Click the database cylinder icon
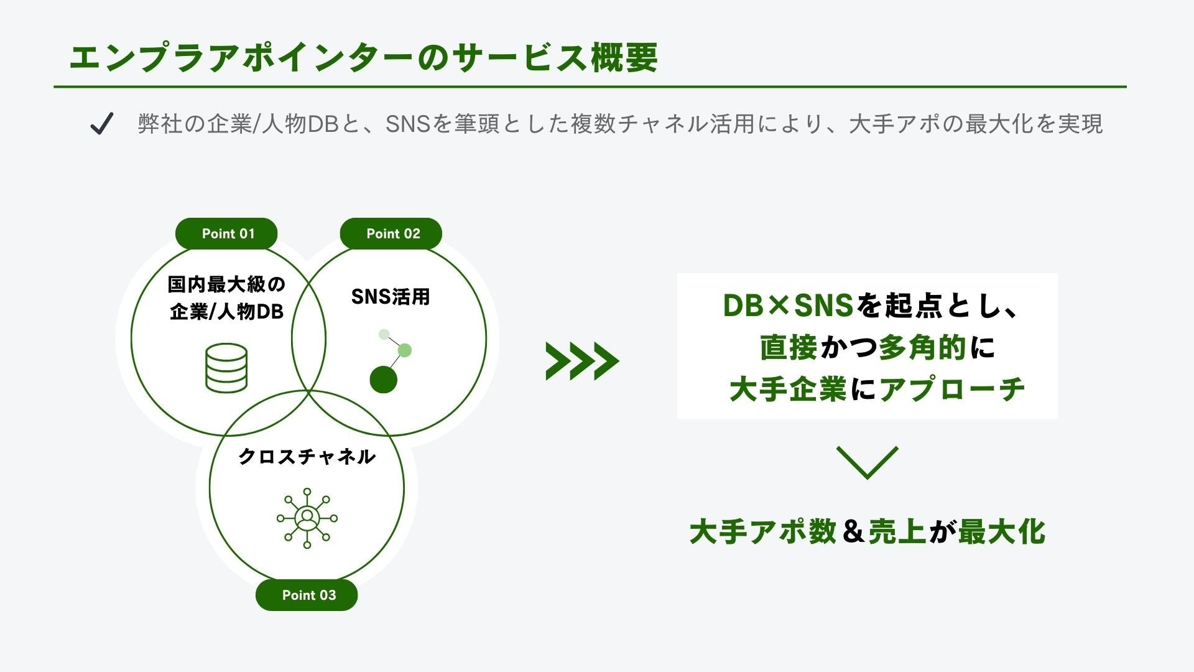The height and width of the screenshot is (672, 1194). tap(226, 368)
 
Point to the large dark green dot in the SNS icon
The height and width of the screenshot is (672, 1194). tap(383, 379)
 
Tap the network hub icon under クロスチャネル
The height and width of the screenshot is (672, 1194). tap(307, 518)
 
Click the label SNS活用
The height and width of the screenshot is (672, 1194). tap(391, 297)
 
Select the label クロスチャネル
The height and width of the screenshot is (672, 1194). tap(307, 457)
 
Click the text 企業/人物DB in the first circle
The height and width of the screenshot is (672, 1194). tap(226, 311)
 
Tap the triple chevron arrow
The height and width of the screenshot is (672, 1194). tap(581, 361)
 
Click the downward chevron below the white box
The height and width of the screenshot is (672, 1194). tap(867, 462)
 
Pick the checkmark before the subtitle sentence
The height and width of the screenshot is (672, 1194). tap(101, 123)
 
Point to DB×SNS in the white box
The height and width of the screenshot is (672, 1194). tap(787, 306)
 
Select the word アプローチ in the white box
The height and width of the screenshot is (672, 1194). tap(951, 390)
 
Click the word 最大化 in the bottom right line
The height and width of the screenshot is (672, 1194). tap(1001, 532)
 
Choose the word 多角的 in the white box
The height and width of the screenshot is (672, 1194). tap(923, 348)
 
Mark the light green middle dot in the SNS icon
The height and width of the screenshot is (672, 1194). tap(404, 350)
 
